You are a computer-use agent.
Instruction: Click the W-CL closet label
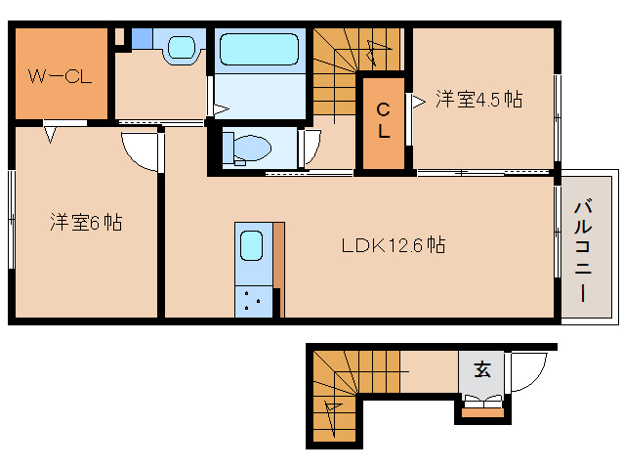point(60,76)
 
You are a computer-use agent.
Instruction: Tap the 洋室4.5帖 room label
point(478,100)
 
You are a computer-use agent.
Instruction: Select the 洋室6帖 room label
point(87,223)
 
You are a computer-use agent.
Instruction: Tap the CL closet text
point(384,119)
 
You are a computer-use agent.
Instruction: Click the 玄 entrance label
point(481,369)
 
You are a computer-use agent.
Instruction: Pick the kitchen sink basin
point(252,245)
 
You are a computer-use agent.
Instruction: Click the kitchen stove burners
point(253,301)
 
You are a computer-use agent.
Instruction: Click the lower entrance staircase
point(336,401)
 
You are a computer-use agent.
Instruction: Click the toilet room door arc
point(310,148)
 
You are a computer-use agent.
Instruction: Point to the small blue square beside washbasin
point(143,38)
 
